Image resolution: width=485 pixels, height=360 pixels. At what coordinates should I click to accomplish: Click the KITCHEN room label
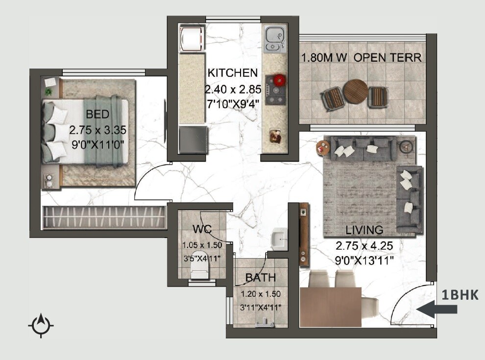click(x=233, y=73)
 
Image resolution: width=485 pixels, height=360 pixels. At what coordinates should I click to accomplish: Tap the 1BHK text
click(x=460, y=295)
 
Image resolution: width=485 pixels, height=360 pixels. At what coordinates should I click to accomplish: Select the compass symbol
click(x=41, y=324)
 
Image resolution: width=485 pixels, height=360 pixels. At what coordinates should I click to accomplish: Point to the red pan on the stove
click(x=279, y=80)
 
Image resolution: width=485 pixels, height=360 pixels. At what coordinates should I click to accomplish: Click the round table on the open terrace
click(x=355, y=91)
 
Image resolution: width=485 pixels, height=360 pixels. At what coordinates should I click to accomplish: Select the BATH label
click(x=260, y=278)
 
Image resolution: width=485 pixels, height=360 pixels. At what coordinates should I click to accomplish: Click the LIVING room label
click(x=364, y=230)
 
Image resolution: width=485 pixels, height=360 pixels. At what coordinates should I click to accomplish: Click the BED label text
click(x=97, y=115)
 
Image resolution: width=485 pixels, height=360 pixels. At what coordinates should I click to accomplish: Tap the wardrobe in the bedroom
click(x=104, y=217)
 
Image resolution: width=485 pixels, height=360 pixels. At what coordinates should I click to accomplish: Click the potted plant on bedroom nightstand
click(x=48, y=91)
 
